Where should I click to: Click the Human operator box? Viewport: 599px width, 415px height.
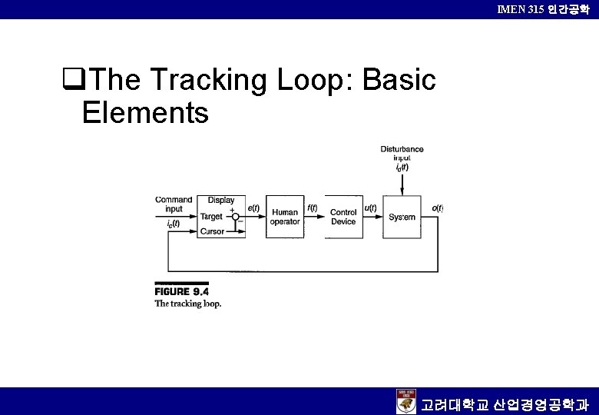(x=285, y=217)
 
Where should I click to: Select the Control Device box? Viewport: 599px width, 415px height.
(x=343, y=217)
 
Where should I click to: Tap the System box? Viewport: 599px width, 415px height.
(x=402, y=217)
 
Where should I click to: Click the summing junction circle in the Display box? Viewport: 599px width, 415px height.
(x=237, y=217)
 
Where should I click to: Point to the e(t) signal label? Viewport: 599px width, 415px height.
(x=254, y=207)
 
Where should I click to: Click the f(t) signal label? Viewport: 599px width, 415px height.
(x=313, y=207)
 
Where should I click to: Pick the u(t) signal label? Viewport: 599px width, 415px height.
(x=370, y=207)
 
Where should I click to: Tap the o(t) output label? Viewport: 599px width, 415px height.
(x=437, y=207)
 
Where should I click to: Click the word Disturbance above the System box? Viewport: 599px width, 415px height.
(x=402, y=149)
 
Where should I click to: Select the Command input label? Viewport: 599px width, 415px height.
(x=174, y=204)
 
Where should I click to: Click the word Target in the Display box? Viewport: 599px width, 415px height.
(x=211, y=217)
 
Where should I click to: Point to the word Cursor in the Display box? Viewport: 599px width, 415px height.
(x=212, y=231)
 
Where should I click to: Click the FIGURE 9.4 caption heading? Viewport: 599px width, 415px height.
(x=182, y=291)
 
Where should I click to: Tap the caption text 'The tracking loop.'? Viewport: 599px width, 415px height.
(x=188, y=304)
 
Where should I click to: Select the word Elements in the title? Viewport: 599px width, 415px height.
(x=145, y=113)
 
